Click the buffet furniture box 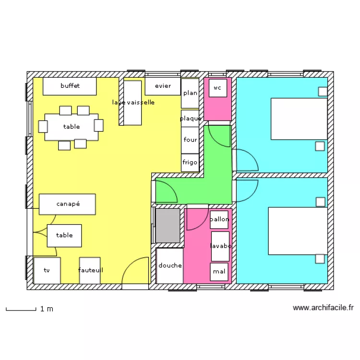coord(70,86)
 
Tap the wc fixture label coord(218,88)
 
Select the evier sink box coord(163,86)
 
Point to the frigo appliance coord(190,162)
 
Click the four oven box coord(190,140)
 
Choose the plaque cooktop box coord(190,119)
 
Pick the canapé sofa coord(67,204)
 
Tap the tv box coord(47,271)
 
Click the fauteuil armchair coord(90,270)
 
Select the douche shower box coord(170,265)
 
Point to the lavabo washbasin coord(220,246)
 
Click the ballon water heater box coord(219,220)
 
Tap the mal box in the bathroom coord(219,272)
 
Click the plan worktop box coord(190,93)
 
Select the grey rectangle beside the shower coord(168,225)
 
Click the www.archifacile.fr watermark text coord(323,308)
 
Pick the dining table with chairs coord(71,127)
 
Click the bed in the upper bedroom coord(299,119)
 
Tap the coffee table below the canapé coord(64,235)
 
